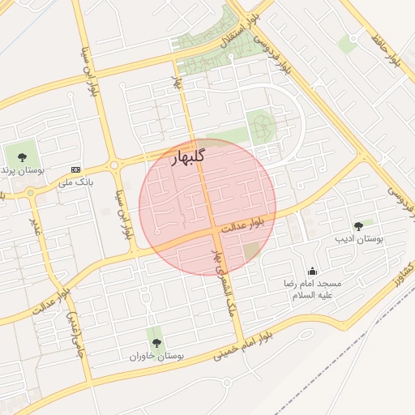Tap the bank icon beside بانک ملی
click(76, 169)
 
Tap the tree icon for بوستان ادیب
click(358, 226)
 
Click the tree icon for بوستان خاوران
click(156, 342)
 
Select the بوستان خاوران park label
click(156, 356)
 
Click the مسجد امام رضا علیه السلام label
click(313, 289)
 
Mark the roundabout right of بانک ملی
click(114, 165)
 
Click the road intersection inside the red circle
click(216, 231)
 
